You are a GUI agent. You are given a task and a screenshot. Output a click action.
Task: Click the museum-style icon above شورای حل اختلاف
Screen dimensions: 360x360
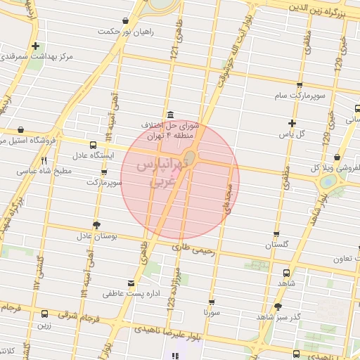170,115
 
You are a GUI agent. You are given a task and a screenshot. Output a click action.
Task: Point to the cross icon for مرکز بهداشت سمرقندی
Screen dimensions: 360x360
35,46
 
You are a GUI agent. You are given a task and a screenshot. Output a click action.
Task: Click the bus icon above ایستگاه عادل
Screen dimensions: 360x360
94,145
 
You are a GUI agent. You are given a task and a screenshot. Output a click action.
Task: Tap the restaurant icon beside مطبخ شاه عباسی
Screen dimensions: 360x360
44,161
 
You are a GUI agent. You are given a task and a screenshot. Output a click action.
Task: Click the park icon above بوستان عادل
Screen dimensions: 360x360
96,224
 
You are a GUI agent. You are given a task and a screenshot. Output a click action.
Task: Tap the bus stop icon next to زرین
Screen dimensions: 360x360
45,314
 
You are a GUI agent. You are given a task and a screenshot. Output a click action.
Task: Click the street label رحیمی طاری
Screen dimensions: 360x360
192,247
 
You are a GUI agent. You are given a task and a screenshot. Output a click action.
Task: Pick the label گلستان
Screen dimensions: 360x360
277,245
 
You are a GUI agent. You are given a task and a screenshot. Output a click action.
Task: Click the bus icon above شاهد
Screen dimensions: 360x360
286,273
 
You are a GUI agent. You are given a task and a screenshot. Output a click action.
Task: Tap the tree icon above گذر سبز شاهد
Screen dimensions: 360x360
278,307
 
